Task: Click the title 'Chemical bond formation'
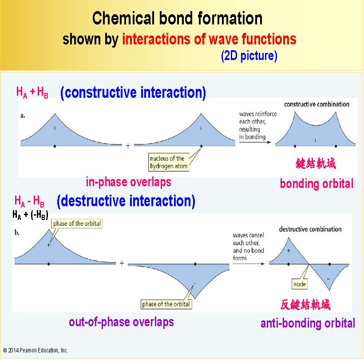point(177,18)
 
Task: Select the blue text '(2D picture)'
point(249,56)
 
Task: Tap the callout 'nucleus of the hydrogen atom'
point(169,162)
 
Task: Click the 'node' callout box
point(300,284)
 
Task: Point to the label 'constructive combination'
point(317,104)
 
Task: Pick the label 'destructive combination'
point(310,229)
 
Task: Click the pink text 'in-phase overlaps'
point(128,182)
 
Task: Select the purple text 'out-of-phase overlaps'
point(121,322)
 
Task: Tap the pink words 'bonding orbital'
point(317,184)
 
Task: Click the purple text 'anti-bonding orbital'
point(308,323)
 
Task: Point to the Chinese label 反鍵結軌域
point(305,304)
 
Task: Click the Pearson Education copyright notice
point(36,350)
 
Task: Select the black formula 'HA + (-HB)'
point(31,215)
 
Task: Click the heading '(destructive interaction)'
point(126,201)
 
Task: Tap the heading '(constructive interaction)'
point(133,93)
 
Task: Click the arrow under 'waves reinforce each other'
point(255,142)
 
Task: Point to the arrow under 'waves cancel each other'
point(249,264)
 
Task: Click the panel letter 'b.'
point(17,232)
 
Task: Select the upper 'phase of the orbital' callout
point(77,224)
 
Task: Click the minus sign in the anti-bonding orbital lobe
point(328,279)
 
